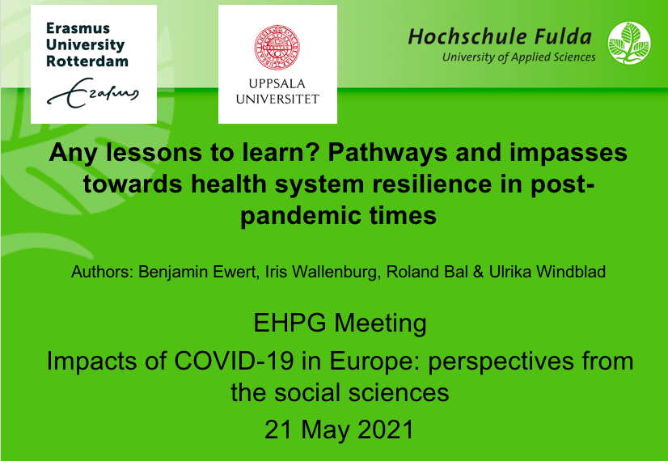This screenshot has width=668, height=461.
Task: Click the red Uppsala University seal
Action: (277, 47)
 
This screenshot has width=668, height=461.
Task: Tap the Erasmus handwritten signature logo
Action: (93, 92)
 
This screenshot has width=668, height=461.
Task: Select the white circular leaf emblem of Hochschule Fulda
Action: (629, 43)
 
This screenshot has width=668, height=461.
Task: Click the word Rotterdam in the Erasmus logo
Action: (87, 61)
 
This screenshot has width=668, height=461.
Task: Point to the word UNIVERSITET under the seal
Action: (277, 99)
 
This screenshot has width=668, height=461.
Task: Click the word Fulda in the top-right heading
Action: (563, 36)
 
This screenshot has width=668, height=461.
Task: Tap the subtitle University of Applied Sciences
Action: (519, 57)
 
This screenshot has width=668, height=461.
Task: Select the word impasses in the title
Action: (569, 154)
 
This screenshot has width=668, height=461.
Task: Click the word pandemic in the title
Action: (300, 216)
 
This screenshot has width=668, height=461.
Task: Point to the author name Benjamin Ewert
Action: (197, 272)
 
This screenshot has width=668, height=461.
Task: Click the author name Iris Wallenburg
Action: (322, 272)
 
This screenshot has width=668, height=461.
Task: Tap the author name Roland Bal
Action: (427, 272)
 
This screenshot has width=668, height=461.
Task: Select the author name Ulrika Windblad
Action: (548, 272)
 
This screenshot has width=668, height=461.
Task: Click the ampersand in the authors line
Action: (479, 272)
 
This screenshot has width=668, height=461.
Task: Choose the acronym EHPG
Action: (290, 323)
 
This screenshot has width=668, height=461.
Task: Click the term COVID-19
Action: (234, 361)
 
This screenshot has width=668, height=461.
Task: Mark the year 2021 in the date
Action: (386, 429)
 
